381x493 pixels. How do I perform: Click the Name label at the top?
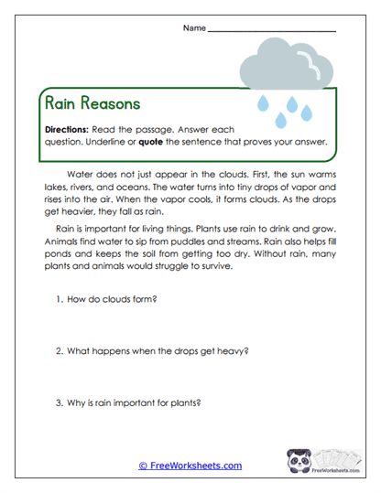194,28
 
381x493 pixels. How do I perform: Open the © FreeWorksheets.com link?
190,466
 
